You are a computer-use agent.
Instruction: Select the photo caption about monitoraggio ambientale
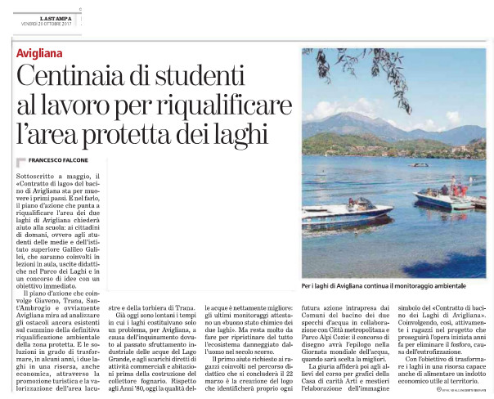pos(384,286)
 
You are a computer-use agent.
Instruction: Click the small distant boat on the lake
pos(420,165)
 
